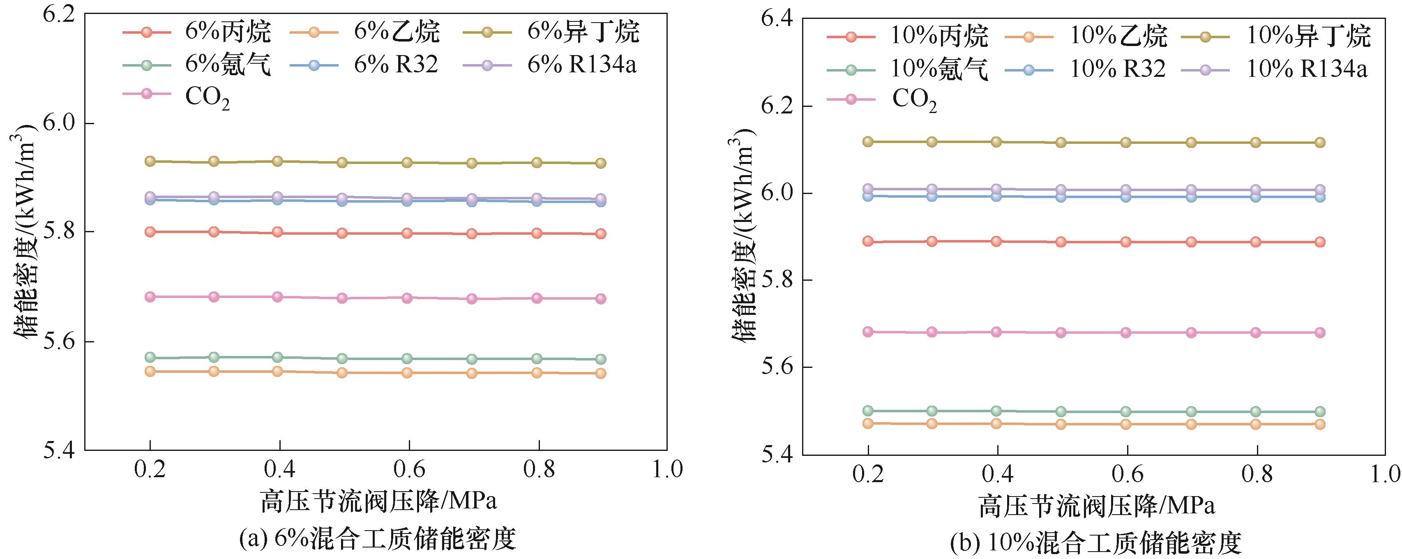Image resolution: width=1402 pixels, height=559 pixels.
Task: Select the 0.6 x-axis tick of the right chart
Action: [1127, 474]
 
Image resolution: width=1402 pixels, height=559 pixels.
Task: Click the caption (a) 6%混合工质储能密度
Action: [377, 539]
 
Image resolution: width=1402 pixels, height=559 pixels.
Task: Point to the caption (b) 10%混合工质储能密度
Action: [1095, 543]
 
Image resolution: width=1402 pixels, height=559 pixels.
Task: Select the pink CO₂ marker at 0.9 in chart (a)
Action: [601, 298]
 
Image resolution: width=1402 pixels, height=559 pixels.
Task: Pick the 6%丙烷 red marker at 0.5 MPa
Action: [342, 233]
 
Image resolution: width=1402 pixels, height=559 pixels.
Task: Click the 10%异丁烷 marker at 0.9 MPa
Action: [1320, 143]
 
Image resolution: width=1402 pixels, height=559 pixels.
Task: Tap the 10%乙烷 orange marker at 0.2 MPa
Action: [868, 423]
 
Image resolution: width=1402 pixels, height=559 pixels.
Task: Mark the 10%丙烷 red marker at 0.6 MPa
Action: [1126, 242]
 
